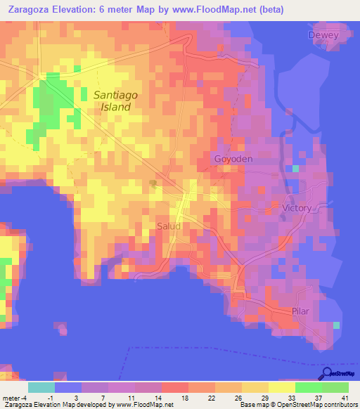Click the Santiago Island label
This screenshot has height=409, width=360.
[x=112, y=100]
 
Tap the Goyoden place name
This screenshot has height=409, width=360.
[x=233, y=160]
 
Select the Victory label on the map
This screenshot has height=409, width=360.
[x=296, y=209]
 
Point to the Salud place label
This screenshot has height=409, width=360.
[x=169, y=226]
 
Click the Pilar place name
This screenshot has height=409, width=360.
[x=300, y=311]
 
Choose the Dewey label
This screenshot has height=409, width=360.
[x=323, y=35]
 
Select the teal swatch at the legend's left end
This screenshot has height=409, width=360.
[x=41, y=387]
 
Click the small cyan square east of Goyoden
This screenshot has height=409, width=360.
[x=295, y=169]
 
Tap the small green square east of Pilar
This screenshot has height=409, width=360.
[x=336, y=325]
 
